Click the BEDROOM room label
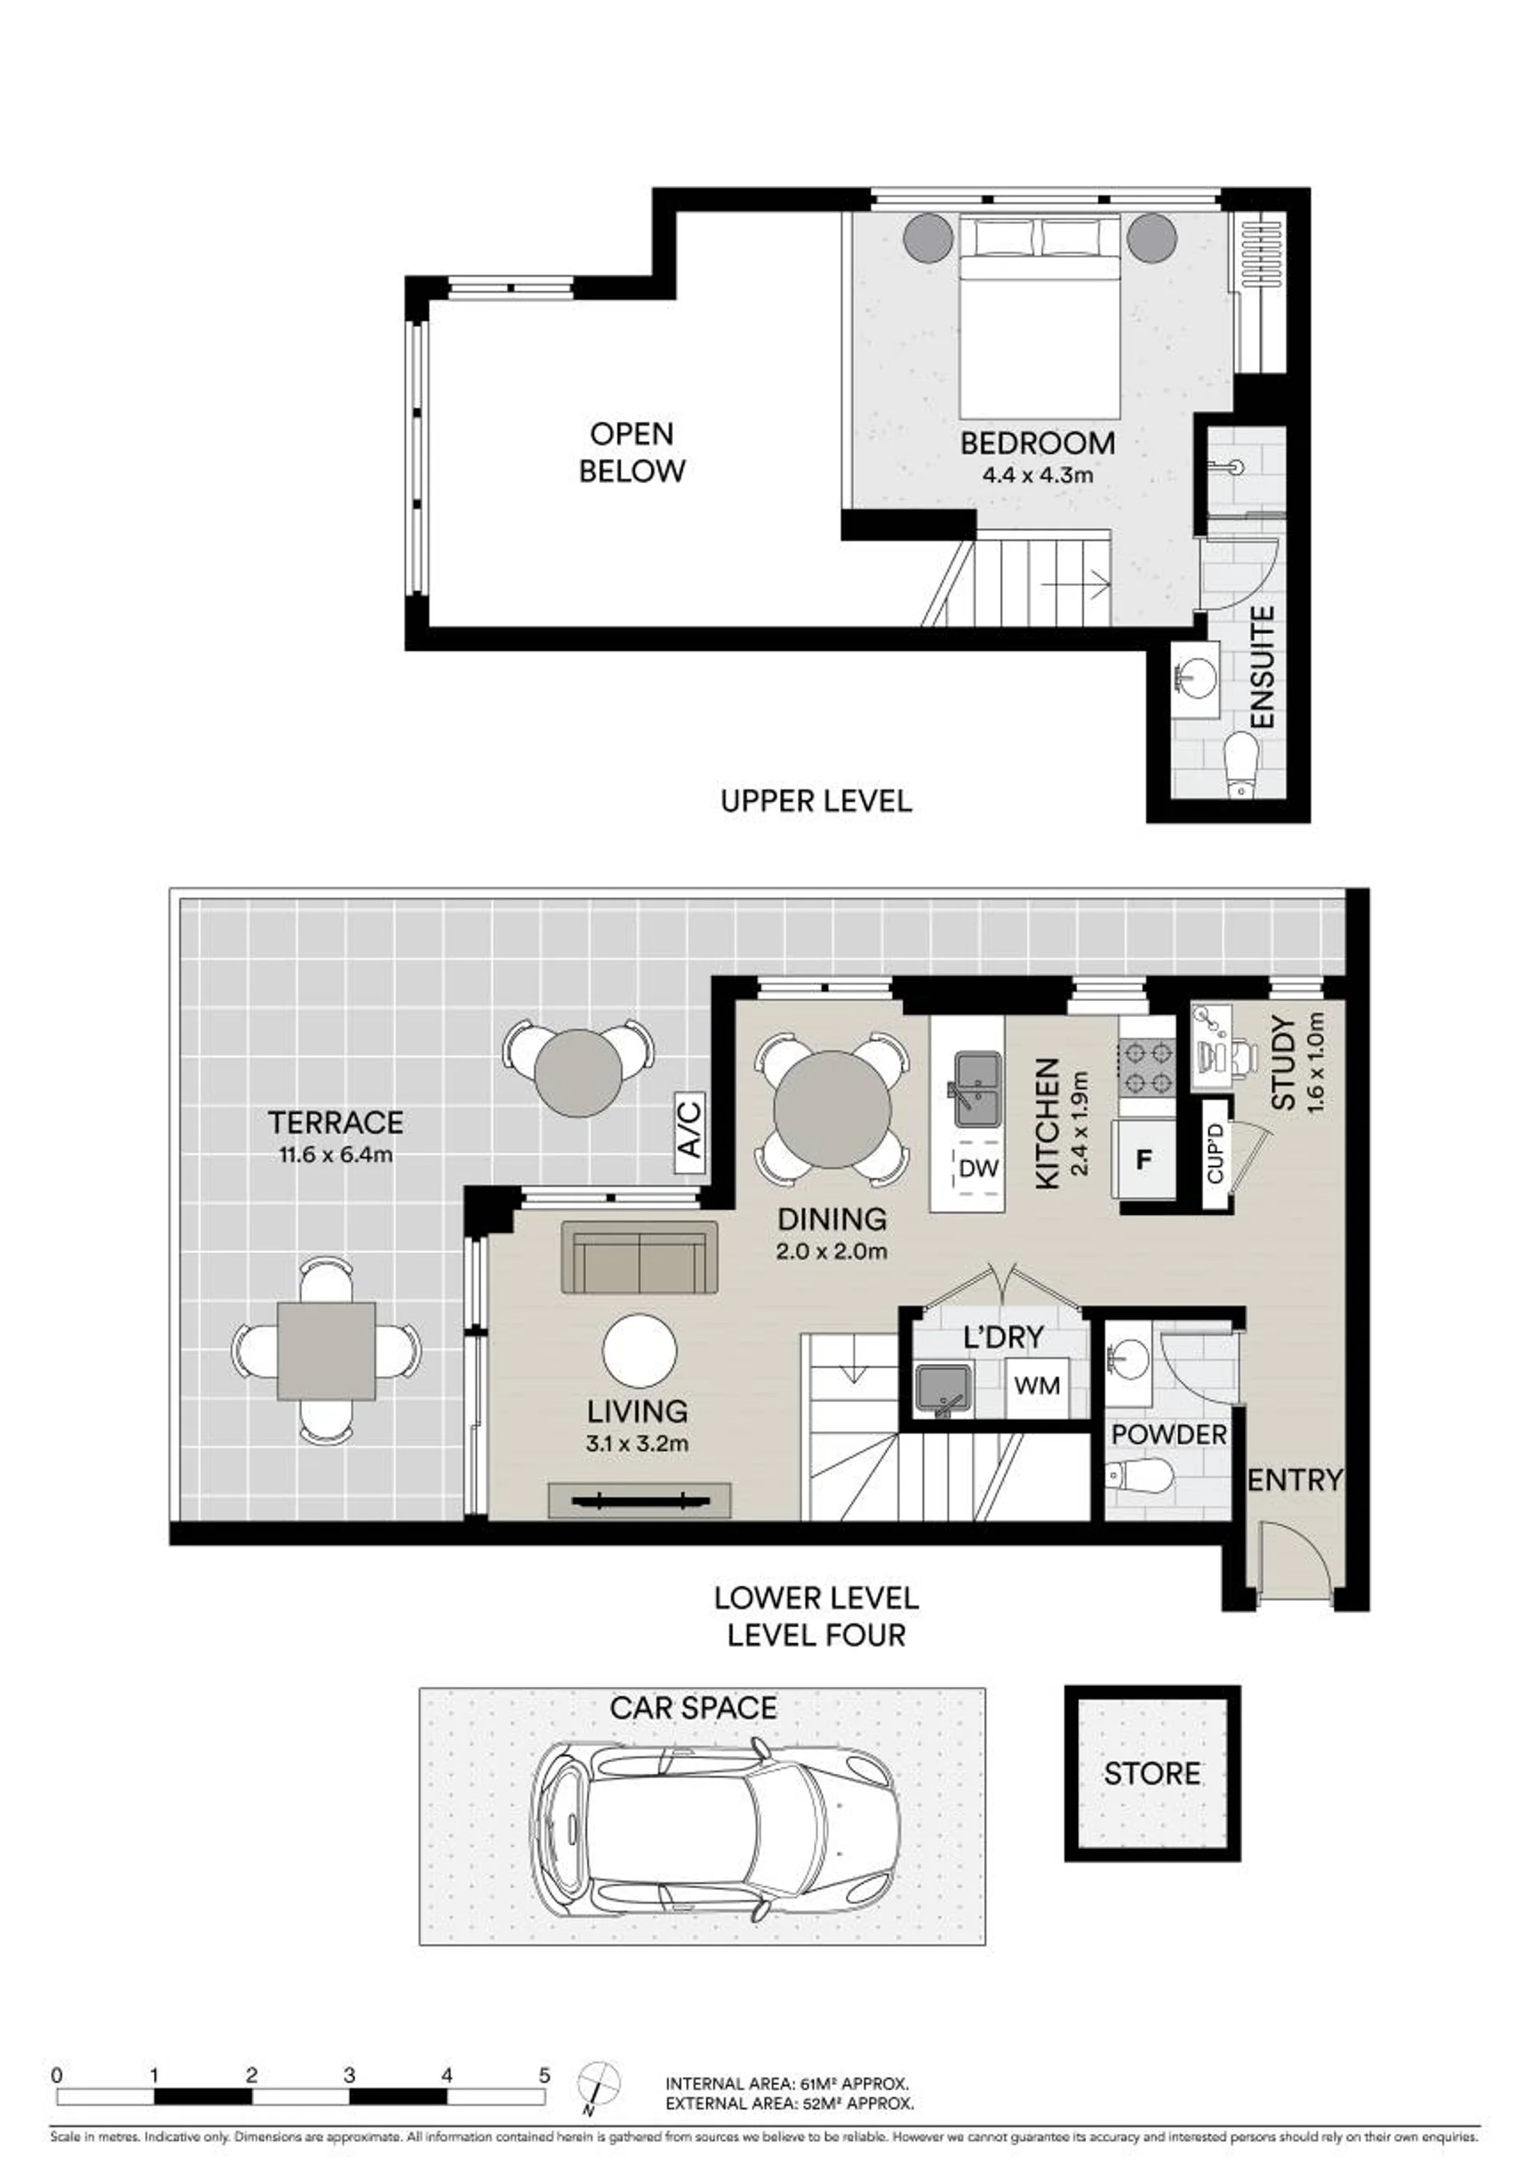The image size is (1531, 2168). click(x=1037, y=443)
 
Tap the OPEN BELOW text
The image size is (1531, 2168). click(x=632, y=452)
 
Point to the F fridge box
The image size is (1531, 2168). click(x=1144, y=1160)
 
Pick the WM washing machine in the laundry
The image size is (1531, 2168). click(x=1037, y=1386)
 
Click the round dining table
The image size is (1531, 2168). click(x=832, y=1110)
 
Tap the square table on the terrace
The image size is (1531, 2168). click(x=327, y=1351)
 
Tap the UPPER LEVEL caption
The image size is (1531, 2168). click(x=817, y=802)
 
